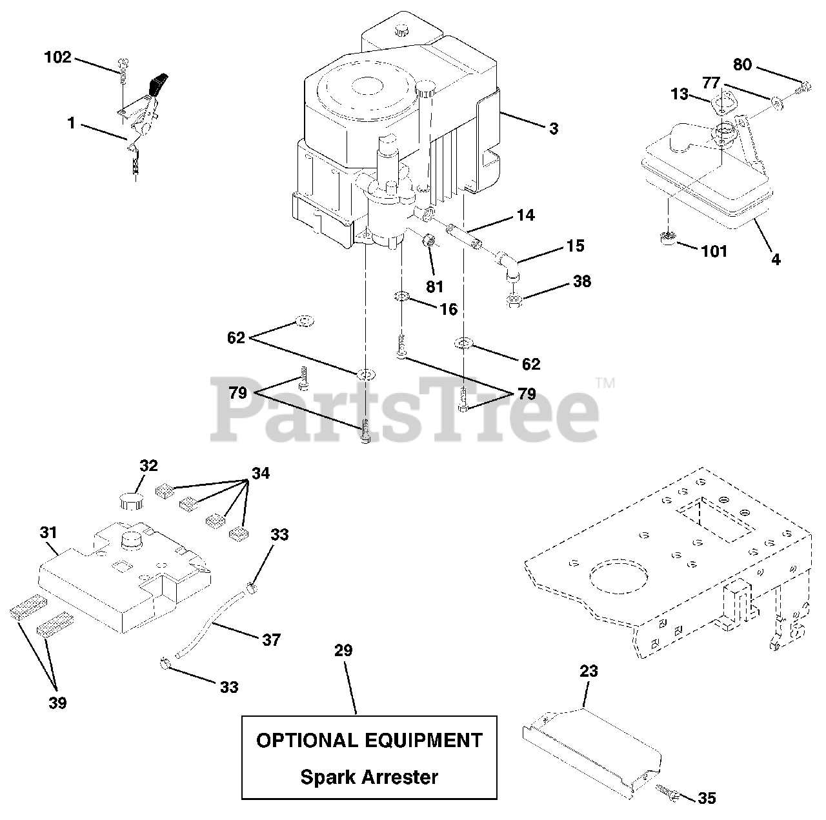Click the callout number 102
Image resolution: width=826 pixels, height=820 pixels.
57,57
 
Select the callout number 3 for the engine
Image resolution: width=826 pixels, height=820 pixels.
554,128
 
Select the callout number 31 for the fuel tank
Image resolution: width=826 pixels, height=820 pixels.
48,533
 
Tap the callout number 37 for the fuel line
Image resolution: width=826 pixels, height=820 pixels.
271,639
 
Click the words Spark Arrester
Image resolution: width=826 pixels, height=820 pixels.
369,777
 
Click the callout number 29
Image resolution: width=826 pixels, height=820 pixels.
343,650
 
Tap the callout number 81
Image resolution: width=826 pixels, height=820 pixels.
435,285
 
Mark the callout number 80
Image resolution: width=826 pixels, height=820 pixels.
742,65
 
